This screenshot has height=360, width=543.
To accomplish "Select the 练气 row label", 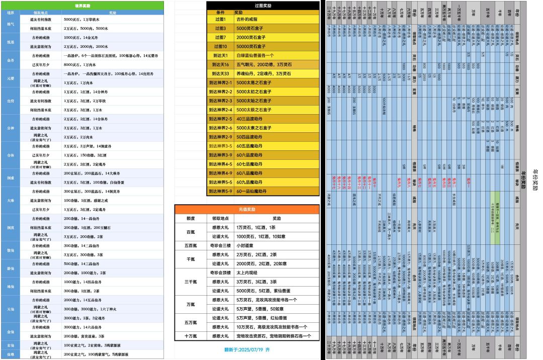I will [11, 23].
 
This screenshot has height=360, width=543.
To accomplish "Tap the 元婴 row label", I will [11, 78].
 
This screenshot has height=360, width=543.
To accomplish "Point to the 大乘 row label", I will [11, 200].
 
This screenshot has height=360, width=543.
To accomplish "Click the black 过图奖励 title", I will [263, 5].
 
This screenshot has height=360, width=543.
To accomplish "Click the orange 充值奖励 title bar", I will [246, 209].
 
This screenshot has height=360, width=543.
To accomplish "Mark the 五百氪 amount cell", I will [191, 245].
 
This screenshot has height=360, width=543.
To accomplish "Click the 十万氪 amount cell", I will [191, 336].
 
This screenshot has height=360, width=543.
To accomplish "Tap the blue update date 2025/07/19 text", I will [246, 349].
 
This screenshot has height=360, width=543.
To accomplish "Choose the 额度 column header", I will [191, 218].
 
